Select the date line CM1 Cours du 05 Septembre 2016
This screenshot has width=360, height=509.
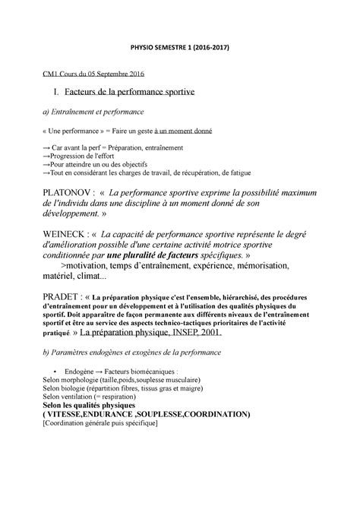click(91, 74)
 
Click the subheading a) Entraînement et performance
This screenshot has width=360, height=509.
click(93, 112)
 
